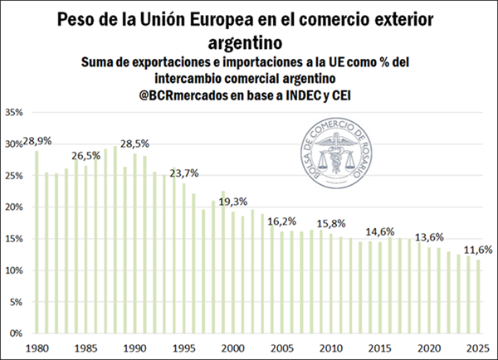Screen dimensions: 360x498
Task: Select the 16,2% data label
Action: (282, 221)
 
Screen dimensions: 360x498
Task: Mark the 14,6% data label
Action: (379, 231)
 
